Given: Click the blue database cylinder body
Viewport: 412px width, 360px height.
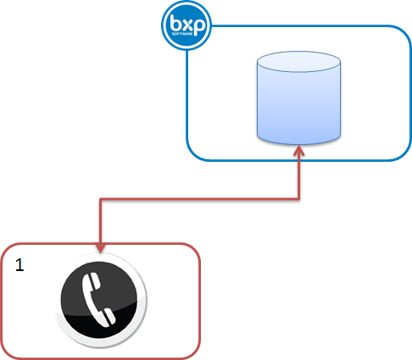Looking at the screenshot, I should click(x=299, y=106).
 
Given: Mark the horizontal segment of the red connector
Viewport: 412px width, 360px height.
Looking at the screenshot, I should click(x=200, y=200).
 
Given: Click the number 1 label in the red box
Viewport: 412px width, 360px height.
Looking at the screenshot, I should click(x=19, y=265).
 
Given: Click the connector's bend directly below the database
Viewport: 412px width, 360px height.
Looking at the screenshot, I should click(x=299, y=200).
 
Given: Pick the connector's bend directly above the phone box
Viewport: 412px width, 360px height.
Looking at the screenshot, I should click(x=101, y=200).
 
